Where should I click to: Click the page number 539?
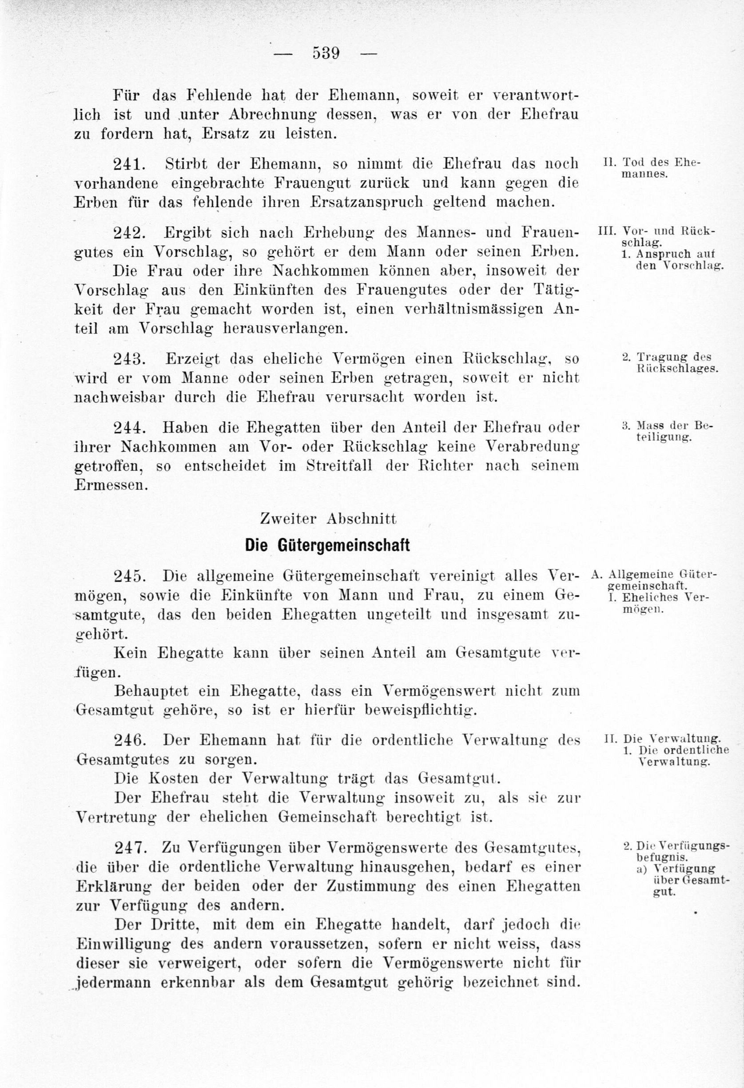click(x=326, y=53)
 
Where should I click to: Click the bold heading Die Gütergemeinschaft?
click(x=327, y=545)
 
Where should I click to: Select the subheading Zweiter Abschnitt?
click(x=328, y=519)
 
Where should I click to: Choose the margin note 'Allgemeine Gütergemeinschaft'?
click(x=660, y=580)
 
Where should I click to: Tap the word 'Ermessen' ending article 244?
click(x=110, y=485)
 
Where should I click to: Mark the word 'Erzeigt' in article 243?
click(x=192, y=359)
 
